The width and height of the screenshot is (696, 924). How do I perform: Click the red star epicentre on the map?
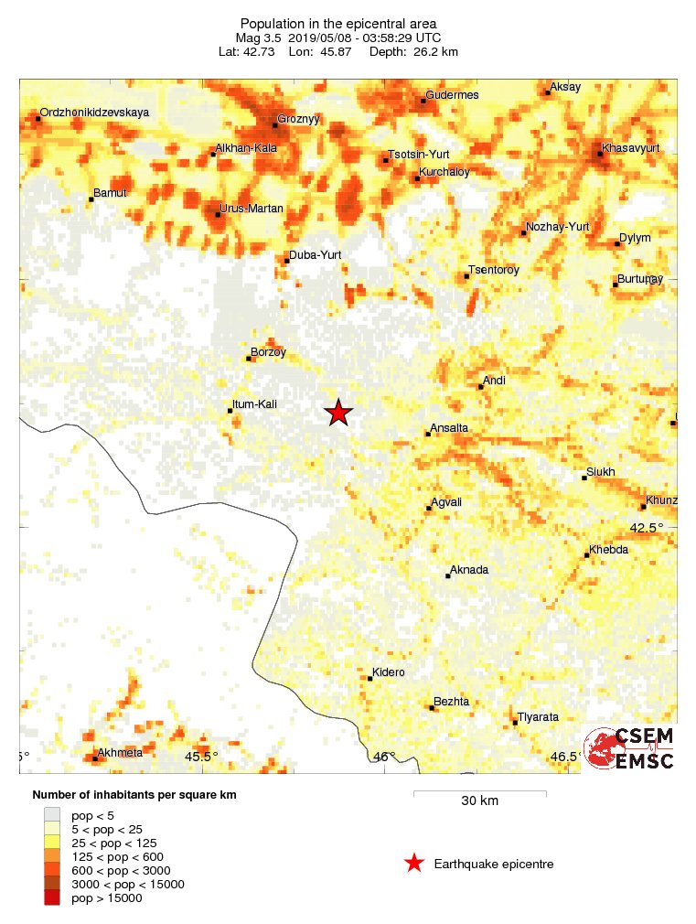click(x=338, y=413)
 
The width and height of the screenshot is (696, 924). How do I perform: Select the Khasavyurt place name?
click(x=631, y=147)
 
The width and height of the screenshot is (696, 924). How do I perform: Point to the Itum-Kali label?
click(x=256, y=404)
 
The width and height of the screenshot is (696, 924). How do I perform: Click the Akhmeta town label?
click(x=120, y=754)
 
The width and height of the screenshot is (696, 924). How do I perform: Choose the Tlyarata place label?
click(x=538, y=717)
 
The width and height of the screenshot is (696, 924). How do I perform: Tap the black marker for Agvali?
click(x=427, y=508)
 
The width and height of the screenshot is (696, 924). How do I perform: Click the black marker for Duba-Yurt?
click(x=286, y=261)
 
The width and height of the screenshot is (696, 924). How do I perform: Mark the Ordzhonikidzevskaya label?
click(x=94, y=113)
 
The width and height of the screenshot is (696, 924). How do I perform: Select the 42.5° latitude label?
click(x=647, y=527)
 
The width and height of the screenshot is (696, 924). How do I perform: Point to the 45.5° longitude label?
click(x=201, y=757)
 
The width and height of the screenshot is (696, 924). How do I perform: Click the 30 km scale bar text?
click(x=479, y=800)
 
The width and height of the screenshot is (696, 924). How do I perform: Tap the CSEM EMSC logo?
click(x=629, y=749)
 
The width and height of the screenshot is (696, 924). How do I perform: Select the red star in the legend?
click(x=414, y=863)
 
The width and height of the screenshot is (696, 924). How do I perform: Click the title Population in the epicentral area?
click(x=338, y=23)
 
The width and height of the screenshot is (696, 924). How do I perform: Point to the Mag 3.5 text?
click(x=260, y=38)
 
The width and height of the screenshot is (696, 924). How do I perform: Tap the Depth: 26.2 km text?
click(x=413, y=52)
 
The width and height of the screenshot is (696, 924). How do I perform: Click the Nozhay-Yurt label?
click(x=557, y=227)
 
